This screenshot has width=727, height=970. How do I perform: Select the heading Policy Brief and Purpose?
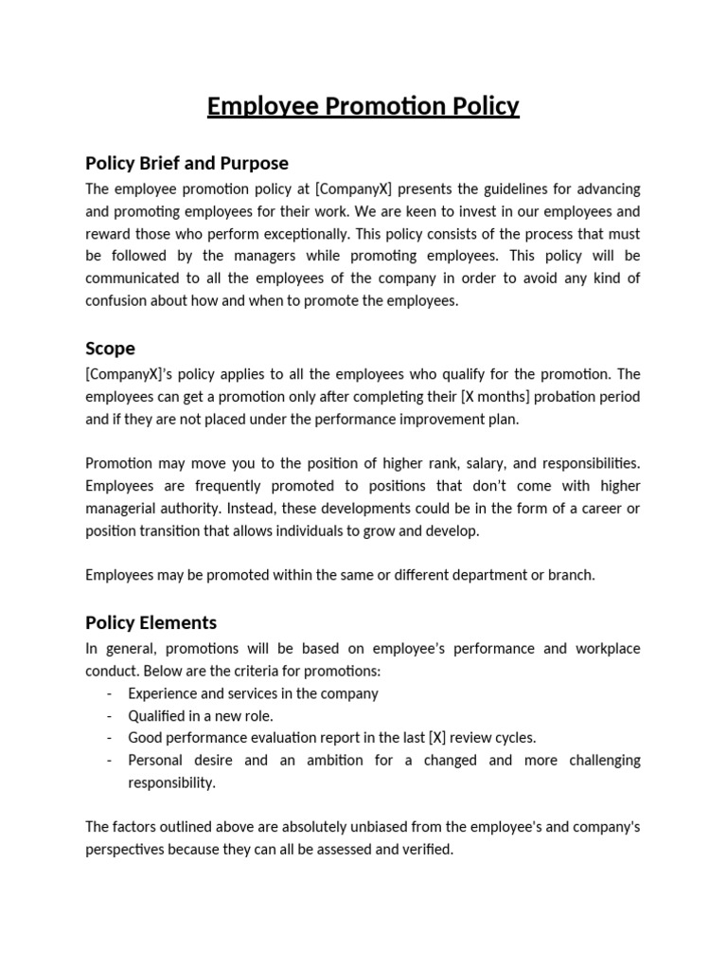[x=186, y=163]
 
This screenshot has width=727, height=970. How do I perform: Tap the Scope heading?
[x=110, y=349]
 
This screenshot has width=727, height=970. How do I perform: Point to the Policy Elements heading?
[x=151, y=622]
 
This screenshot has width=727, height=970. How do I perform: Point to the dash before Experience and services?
[x=110, y=693]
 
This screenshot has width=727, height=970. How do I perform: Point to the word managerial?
[x=126, y=509]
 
